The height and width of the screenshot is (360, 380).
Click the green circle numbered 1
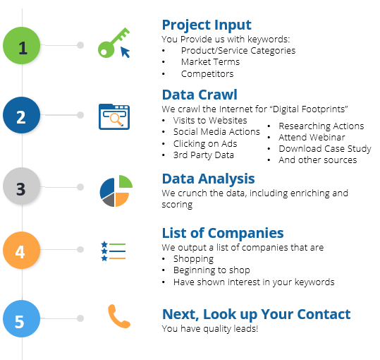click(x=22, y=46)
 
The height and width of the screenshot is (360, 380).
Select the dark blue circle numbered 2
click(x=22, y=115)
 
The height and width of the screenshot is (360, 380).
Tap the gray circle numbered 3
click(x=22, y=186)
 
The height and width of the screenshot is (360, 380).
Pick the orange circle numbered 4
click(x=22, y=250)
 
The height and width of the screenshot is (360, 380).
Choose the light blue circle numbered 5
click(x=22, y=318)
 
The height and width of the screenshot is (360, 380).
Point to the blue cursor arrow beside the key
click(x=125, y=52)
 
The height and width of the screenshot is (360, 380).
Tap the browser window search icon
click(x=114, y=116)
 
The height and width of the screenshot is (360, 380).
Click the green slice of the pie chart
click(x=125, y=181)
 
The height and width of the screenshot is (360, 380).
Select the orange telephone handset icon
click(x=118, y=316)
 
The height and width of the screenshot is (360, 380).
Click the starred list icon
click(x=114, y=251)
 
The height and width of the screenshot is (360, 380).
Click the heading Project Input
click(x=207, y=25)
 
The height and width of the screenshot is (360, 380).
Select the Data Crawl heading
click(x=200, y=95)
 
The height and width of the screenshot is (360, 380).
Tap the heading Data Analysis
click(x=209, y=179)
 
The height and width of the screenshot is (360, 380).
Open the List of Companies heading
click(x=223, y=234)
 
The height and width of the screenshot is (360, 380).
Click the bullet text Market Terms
click(x=210, y=62)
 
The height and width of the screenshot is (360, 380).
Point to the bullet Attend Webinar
click(x=312, y=138)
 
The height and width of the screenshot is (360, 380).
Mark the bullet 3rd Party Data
click(x=204, y=155)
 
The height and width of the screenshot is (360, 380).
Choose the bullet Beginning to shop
click(x=212, y=270)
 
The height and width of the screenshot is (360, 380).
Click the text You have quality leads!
click(x=210, y=329)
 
